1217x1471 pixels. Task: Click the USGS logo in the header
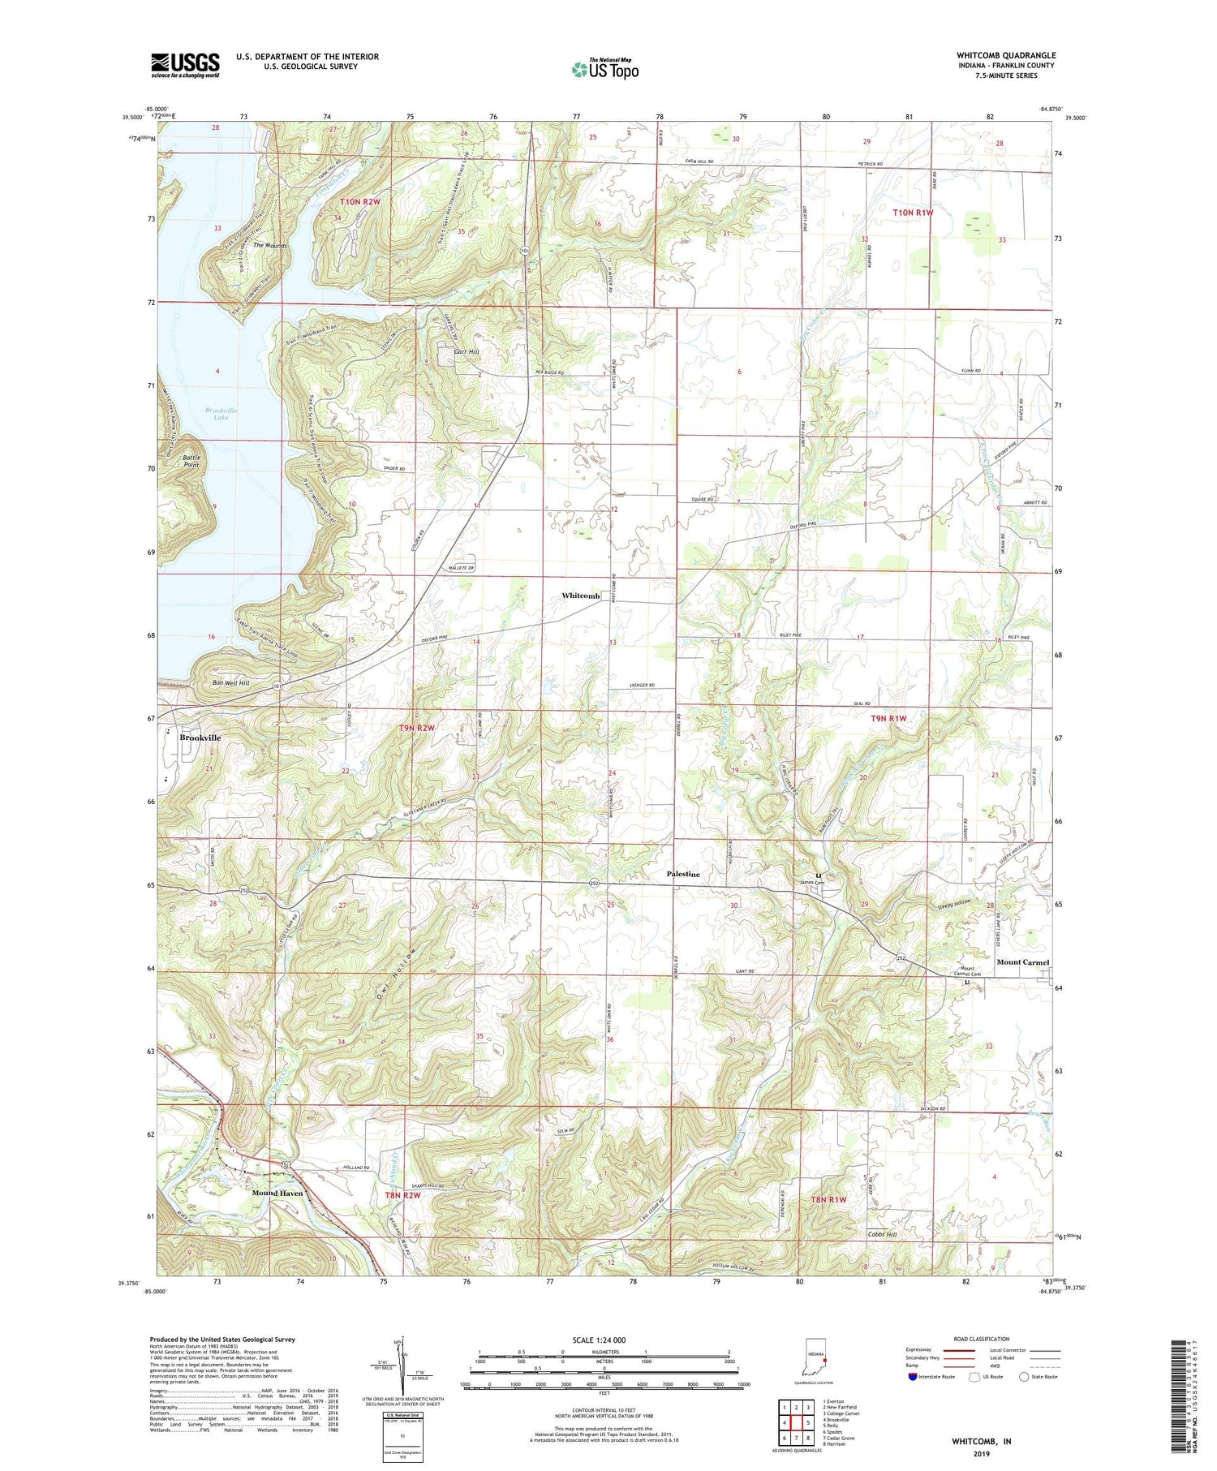click(185, 65)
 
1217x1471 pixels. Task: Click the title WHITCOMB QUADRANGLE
click(1005, 56)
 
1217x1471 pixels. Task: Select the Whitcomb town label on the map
click(581, 596)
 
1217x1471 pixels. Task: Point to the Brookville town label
click(200, 738)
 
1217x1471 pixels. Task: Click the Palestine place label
click(682, 874)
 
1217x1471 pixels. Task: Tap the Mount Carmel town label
click(1022, 962)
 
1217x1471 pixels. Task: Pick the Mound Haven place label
click(277, 1194)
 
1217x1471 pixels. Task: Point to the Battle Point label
click(191, 461)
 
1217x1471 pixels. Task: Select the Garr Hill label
click(467, 352)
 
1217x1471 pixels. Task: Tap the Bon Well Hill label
click(230, 683)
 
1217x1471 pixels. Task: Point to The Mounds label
click(270, 245)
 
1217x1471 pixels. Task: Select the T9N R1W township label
click(887, 719)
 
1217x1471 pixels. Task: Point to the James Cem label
click(811, 883)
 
